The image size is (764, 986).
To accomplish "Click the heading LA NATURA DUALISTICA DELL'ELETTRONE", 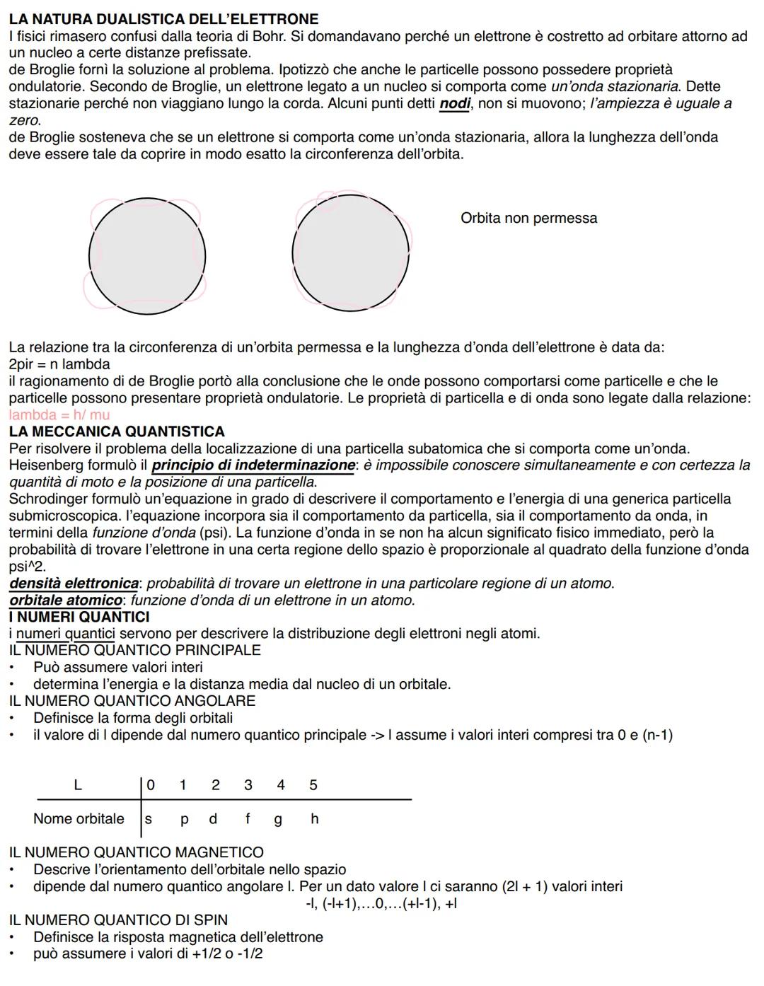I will coord(163,19).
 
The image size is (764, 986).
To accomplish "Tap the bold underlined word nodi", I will coord(455,104).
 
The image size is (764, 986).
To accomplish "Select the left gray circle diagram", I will coord(147,257).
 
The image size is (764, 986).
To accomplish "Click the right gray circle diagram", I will coord(350,255).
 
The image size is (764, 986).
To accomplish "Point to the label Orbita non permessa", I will coord(528,218).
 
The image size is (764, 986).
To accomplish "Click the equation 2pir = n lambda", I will coord(59,364).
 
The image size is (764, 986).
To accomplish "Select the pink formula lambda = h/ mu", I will coord(59,415).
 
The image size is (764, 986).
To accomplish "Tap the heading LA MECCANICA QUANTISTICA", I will coord(117,431).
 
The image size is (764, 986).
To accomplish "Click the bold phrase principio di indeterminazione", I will coord(253,465).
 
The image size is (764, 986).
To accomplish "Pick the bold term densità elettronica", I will coord(74,584).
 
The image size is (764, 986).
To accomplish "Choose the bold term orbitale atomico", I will coord(66,601).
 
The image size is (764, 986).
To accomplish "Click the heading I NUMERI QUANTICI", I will coord(79,617).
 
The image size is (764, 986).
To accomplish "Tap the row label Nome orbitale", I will coord(79,818).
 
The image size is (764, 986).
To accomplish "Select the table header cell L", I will coord(78,784).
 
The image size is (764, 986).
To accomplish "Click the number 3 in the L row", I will coord(248,784).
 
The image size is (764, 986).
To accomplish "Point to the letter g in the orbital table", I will coord(278,819).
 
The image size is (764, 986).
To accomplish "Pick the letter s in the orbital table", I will coord(149,819).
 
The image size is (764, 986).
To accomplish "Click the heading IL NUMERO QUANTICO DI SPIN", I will coord(118,920).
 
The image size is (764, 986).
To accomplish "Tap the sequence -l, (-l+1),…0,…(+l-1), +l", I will coord(381,903).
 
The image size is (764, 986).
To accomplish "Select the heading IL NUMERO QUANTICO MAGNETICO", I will coord(136,852).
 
